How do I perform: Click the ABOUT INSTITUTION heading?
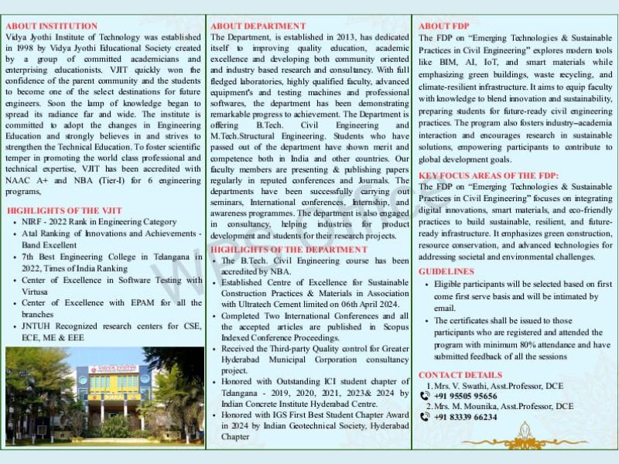pyautogui.click(x=51, y=26)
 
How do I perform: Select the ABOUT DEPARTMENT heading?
pyautogui.click(x=258, y=26)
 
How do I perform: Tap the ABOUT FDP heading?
pyautogui.click(x=444, y=26)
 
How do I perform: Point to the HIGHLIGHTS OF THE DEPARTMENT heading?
pyautogui.click(x=289, y=250)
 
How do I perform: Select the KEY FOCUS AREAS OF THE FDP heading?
pyautogui.click(x=488, y=176)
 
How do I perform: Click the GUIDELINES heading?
pyautogui.click(x=446, y=271)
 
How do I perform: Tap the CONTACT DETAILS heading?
pyautogui.click(x=460, y=375)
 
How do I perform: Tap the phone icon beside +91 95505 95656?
pyautogui.click(x=424, y=396)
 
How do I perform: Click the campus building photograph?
pyautogui.click(x=104, y=396)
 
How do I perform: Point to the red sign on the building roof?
pyautogui.click(x=114, y=369)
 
